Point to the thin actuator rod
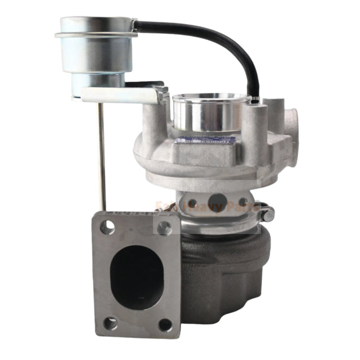pos(101,157)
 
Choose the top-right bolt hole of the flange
pos(164,227)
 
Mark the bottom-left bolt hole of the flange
pos(110,323)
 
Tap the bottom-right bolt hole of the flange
pos(165,325)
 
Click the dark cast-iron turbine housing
pos(225,276)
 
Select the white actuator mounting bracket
pos(124,95)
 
